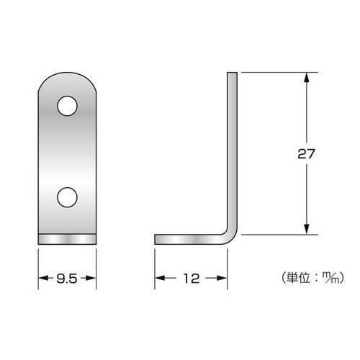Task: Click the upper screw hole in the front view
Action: click(x=66, y=107)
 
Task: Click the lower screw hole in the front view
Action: click(x=66, y=196)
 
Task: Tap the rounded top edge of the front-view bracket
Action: click(x=66, y=73)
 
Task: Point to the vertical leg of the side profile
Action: click(x=233, y=151)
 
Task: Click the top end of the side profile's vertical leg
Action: click(x=233, y=73)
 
